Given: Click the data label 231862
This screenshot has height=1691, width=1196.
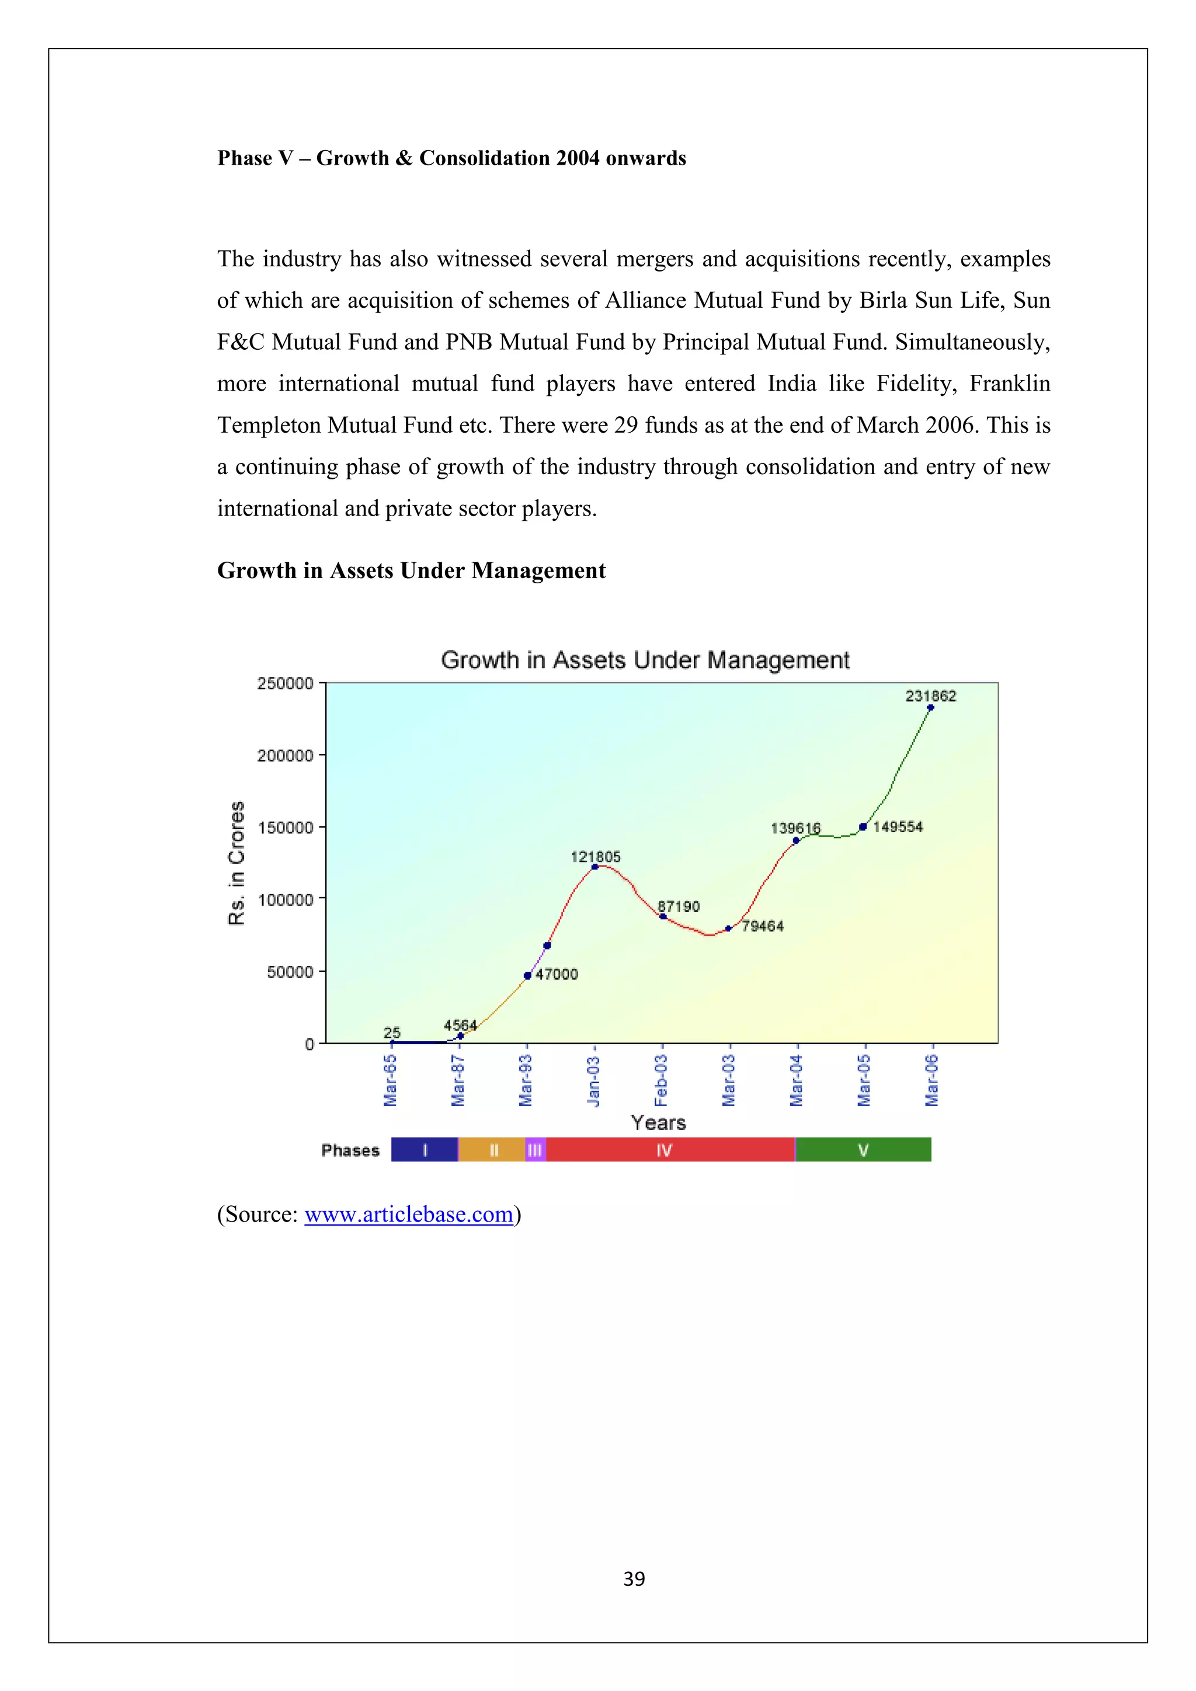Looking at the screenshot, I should (x=930, y=696).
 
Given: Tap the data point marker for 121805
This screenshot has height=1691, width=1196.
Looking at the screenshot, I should (x=595, y=867).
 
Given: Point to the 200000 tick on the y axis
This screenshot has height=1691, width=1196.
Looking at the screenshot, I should (x=285, y=756).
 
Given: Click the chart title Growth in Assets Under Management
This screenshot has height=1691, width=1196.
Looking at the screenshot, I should (x=645, y=660).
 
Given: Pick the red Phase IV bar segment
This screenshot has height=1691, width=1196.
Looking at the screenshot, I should (x=670, y=1150).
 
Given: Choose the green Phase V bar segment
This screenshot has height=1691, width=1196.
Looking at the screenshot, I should (x=863, y=1150).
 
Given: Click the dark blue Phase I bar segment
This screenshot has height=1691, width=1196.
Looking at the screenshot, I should (x=424, y=1150).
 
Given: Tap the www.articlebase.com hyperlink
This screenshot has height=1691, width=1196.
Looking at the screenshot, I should (x=409, y=1214).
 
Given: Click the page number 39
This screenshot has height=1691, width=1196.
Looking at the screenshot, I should (x=634, y=1578).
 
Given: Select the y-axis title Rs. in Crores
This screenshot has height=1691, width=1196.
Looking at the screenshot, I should (x=237, y=862).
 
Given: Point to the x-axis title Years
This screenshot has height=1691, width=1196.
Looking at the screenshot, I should (x=658, y=1122).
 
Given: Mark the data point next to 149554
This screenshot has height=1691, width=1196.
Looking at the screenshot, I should (x=863, y=827).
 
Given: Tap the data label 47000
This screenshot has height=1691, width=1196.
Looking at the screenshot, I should (x=557, y=975).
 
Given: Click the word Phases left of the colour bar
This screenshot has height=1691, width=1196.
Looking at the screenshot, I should (x=350, y=1150).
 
